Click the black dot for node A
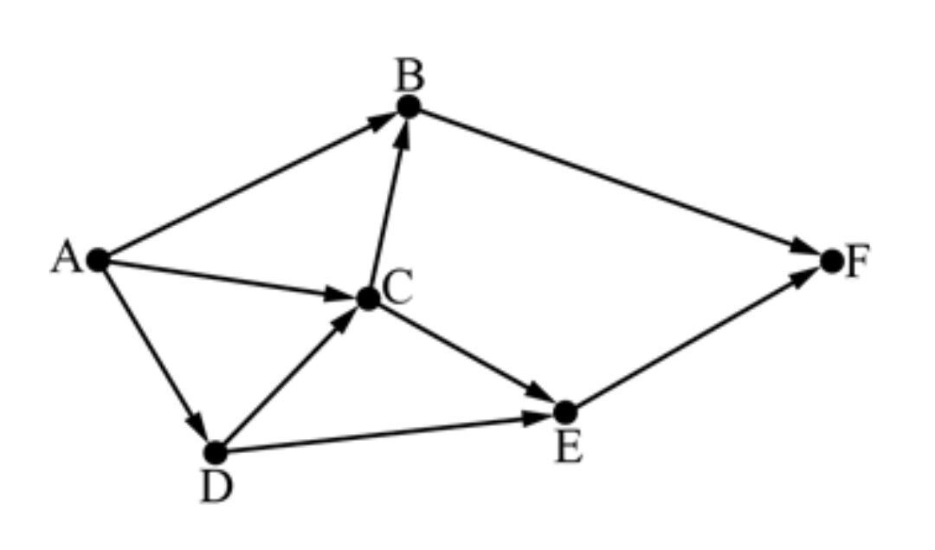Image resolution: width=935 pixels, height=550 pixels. (98, 259)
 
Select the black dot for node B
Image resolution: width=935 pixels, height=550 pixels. (409, 107)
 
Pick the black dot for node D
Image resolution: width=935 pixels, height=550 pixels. (216, 451)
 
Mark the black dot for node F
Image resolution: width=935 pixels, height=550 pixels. (831, 260)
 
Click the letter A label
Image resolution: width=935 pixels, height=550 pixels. (65, 258)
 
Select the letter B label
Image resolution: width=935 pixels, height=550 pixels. (409, 77)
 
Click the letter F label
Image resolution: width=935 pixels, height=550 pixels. (856, 262)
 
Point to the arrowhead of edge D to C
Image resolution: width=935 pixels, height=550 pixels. (348, 318)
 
